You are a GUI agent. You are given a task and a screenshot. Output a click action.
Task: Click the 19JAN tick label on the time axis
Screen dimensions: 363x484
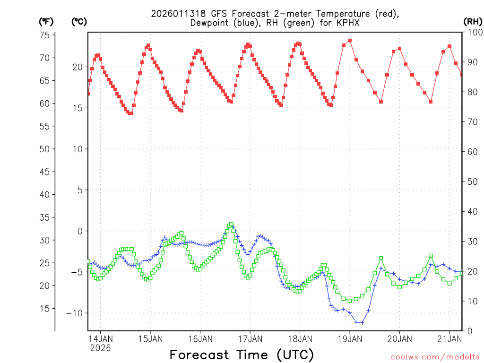[349, 338]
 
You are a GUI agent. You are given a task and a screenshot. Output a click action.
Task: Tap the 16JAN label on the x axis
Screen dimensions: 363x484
[200, 338]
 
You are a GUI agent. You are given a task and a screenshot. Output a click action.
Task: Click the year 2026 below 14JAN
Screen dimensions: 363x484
[100, 348]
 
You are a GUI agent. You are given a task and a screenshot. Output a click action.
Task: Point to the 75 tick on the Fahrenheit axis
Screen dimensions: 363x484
[44, 35]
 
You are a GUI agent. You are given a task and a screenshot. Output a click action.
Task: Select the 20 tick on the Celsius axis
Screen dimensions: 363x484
[77, 67]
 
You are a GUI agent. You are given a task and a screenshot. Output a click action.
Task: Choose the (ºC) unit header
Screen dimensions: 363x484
[78, 21]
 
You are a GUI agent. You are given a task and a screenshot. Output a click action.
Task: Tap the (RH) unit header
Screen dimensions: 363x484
[472, 21]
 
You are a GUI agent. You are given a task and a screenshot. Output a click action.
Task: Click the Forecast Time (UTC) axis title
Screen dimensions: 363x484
[242, 354]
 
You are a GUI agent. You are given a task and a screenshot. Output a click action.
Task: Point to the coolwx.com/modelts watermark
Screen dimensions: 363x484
[434, 356]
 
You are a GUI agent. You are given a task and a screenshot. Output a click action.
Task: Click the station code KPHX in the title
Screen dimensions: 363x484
[350, 23]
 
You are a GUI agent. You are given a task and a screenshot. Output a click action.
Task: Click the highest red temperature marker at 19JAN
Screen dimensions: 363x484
[350, 41]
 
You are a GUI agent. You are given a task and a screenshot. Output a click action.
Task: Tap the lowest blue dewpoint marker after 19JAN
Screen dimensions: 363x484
[362, 323]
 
